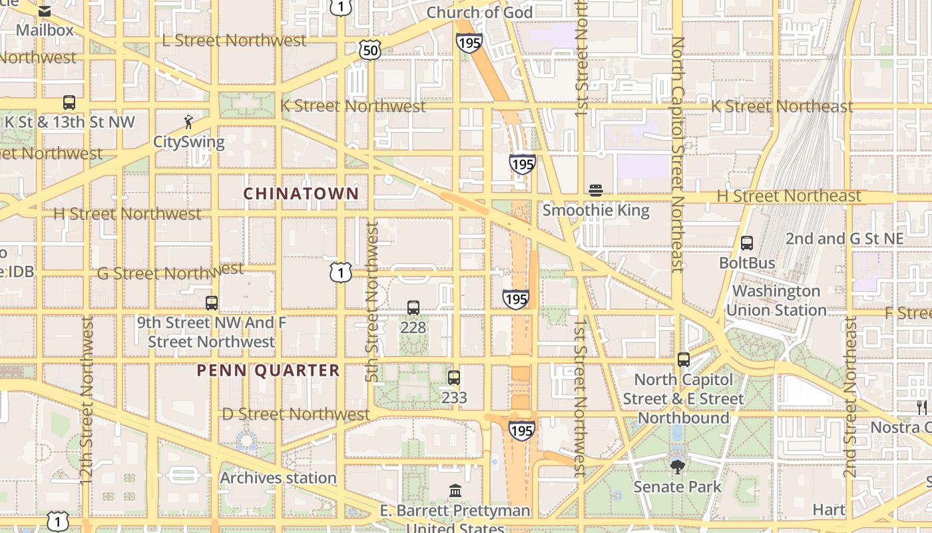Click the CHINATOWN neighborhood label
pyautogui.click(x=301, y=194)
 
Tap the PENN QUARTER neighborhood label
pyautogui.click(x=268, y=370)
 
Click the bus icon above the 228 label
pyautogui.click(x=413, y=308)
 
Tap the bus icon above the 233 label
pyautogui.click(x=454, y=378)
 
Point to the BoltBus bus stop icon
pyautogui.click(x=747, y=243)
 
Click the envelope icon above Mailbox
pyautogui.click(x=45, y=11)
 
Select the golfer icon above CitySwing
pyautogui.click(x=189, y=122)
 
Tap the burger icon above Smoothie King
pyautogui.click(x=596, y=191)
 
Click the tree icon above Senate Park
pyautogui.click(x=678, y=467)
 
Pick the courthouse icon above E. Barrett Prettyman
pyautogui.click(x=455, y=491)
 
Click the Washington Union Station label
pyautogui.click(x=776, y=300)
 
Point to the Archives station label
pyautogui.click(x=278, y=478)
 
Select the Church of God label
pyautogui.click(x=479, y=13)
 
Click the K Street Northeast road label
pyautogui.click(x=782, y=107)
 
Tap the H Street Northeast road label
pyautogui.click(x=789, y=196)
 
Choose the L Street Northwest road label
pyautogui.click(x=234, y=40)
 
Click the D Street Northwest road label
pyautogui.click(x=296, y=414)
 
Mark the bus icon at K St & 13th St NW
pyautogui.click(x=69, y=103)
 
